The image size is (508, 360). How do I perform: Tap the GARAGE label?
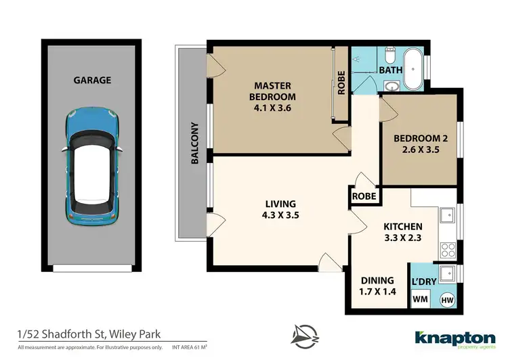click(x=93, y=80)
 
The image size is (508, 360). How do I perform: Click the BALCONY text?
click(x=194, y=143)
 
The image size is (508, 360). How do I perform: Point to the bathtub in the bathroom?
click(x=413, y=70)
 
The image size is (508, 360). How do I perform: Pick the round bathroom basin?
click(x=391, y=85)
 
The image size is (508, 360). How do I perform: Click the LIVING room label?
click(x=280, y=209)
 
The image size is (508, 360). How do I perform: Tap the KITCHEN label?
click(x=404, y=232)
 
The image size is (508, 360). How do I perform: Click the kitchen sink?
click(x=448, y=216)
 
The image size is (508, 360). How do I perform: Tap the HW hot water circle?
click(x=447, y=299)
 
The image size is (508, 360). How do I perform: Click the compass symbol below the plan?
click(x=305, y=335)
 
